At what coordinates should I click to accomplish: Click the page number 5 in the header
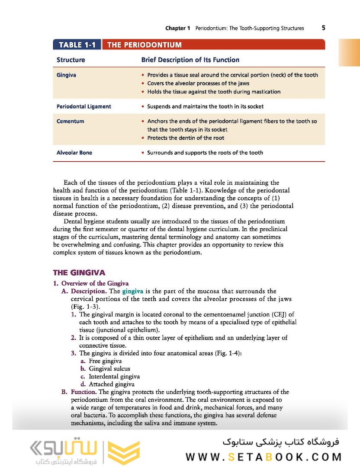pos(323,28)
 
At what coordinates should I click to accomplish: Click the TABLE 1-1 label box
pos(77,45)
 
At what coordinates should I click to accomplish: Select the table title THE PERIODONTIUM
pos(144,45)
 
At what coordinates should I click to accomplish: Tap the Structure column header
pos(71,60)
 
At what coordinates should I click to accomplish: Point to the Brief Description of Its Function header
pos(190,60)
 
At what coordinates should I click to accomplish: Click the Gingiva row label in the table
pos(66,75)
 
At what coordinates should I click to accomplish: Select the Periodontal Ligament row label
pos(84,106)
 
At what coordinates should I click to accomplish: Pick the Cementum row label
pos(70,121)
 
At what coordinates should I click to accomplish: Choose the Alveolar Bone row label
pos(74,153)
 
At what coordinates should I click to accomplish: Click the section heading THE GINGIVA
pos(79,272)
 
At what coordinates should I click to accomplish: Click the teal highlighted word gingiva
pos(132,291)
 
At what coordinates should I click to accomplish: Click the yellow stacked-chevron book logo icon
pos(123,453)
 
